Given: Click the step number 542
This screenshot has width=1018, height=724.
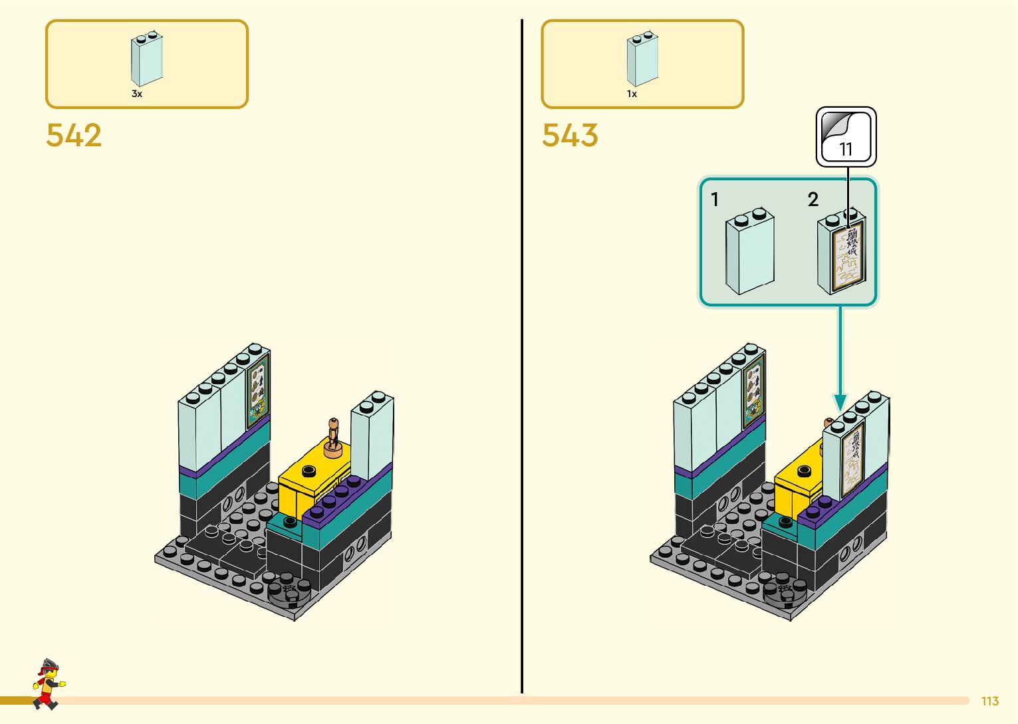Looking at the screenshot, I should pos(74,135).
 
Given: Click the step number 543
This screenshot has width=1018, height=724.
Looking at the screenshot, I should pos(570,135).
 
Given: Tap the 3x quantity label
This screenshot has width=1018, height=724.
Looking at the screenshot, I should pos(137,94).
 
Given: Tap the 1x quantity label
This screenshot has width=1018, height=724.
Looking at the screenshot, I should pos(632,94).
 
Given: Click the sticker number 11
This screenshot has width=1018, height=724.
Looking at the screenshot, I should pos(846,149).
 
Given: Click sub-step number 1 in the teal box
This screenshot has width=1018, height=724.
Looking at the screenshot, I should pos(715,199).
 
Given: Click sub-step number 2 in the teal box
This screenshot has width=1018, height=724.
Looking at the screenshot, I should pos(813,199).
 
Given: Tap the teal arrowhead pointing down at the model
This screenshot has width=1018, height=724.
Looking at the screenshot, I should pos(840,402).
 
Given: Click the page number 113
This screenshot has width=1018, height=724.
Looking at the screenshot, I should pos(990,701).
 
